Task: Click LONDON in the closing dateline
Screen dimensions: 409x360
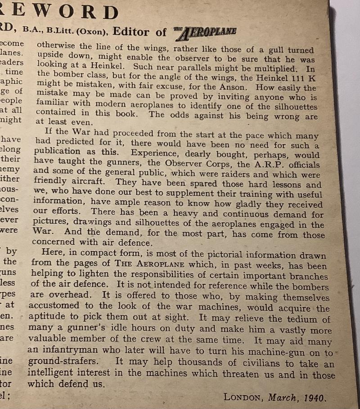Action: (x=243, y=397)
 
